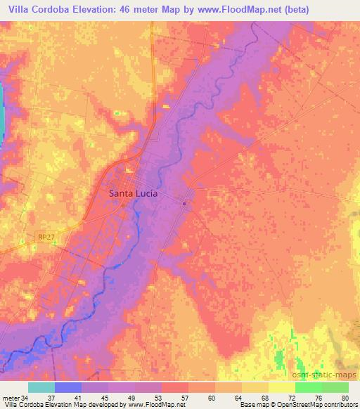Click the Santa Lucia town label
132,193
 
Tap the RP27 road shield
46,238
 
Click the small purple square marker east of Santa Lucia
184,204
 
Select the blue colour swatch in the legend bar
67,387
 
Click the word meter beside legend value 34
10,397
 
